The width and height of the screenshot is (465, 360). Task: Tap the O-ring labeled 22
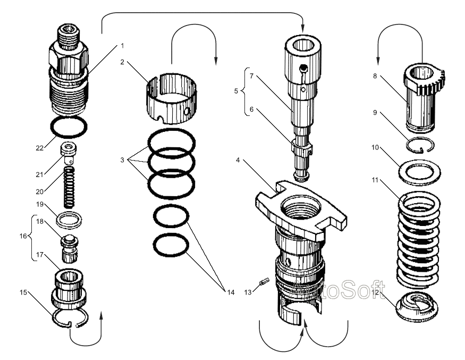[68, 128]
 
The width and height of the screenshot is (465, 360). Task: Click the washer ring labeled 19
[68, 219]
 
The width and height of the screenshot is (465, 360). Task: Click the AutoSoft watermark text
[341, 292]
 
